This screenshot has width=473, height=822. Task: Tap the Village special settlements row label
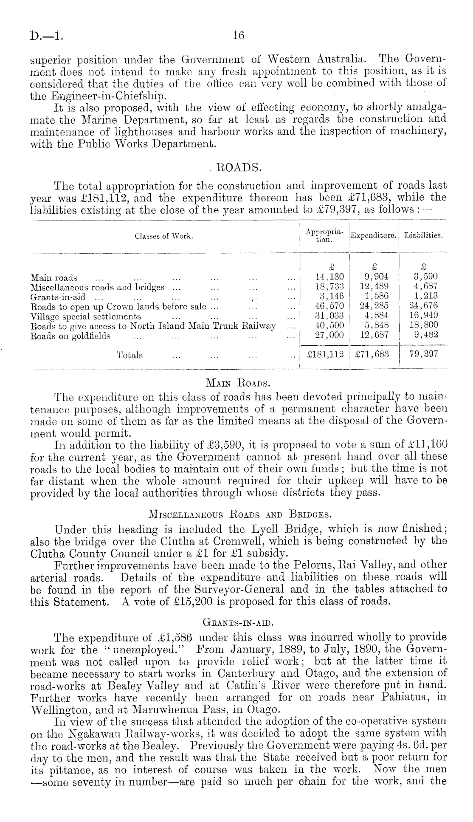tap(86, 316)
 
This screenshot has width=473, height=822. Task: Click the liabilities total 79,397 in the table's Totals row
tap(423, 355)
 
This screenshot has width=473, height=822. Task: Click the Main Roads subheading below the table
tap(238, 384)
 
